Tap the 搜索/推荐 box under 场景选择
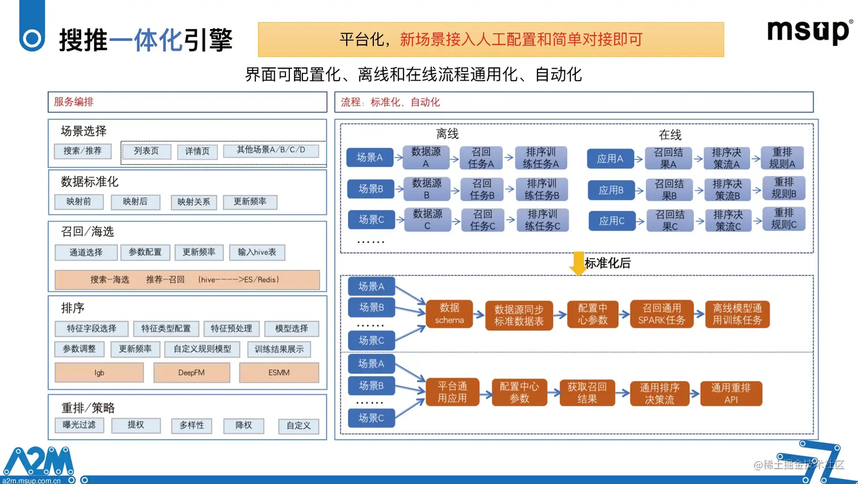83,151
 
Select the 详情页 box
197,151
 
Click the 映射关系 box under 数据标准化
194,202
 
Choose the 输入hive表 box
257,252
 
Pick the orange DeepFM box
192,373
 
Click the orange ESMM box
279,373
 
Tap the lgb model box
99,373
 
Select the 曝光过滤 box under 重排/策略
79,425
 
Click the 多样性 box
192,426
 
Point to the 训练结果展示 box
279,349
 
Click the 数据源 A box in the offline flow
426,158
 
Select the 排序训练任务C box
542,220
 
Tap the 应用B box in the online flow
611,190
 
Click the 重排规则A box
782,158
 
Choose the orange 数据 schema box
449,314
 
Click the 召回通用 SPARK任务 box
662,314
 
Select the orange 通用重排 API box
731,393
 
